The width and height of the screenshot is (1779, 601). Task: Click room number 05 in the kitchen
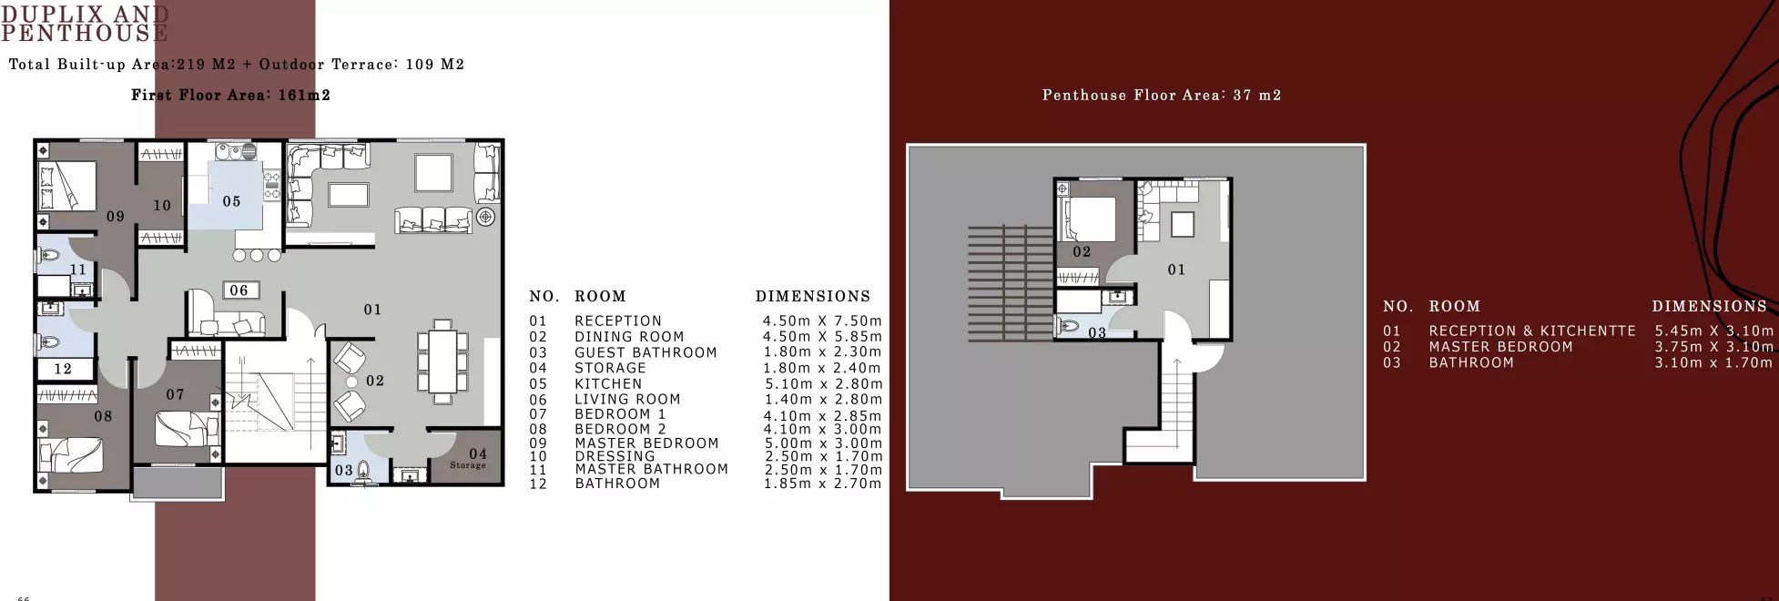click(x=231, y=201)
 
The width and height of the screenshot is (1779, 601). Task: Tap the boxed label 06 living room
click(x=239, y=290)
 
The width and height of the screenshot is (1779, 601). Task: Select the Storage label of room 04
click(x=468, y=465)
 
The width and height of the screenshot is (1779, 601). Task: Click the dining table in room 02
click(x=442, y=361)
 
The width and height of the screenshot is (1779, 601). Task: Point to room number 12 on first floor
click(x=63, y=369)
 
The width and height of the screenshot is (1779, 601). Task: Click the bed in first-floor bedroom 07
click(x=187, y=429)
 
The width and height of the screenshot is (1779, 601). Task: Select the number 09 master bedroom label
click(x=115, y=217)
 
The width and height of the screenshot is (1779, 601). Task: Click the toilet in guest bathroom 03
click(x=364, y=471)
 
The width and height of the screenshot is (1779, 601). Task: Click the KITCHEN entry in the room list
click(x=608, y=384)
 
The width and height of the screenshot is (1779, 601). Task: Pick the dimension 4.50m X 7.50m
click(x=822, y=321)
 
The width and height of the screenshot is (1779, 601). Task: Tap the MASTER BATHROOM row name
click(x=651, y=469)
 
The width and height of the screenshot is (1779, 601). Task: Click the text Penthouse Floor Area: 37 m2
click(x=1161, y=95)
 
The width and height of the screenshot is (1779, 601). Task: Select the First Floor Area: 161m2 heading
click(x=230, y=95)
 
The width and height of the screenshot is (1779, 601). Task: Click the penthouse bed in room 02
click(x=1089, y=219)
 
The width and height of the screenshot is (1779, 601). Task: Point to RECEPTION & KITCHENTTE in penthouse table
click(x=1531, y=331)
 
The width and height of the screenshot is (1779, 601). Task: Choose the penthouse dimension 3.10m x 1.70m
click(x=1713, y=362)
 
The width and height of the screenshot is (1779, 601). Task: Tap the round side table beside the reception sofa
click(x=486, y=217)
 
